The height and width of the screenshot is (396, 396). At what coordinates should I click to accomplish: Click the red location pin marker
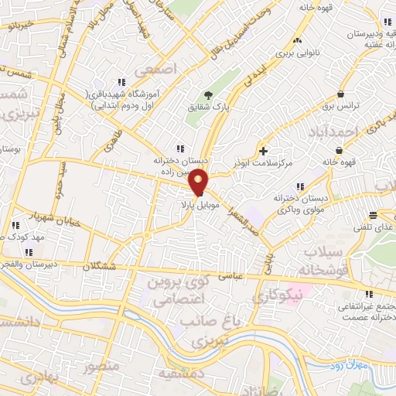click(199, 182)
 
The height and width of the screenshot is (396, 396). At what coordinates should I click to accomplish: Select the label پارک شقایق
click(201, 106)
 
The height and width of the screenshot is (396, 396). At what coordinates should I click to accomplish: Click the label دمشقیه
click(179, 374)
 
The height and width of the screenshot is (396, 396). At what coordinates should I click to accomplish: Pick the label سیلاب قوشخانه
click(318, 262)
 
